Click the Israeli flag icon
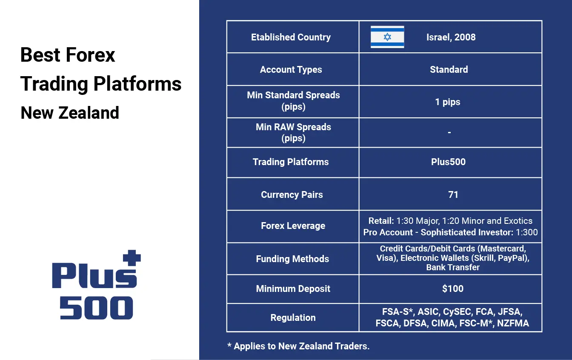(x=387, y=37)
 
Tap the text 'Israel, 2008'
(x=451, y=37)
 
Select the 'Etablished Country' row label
(x=291, y=37)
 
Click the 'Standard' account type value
(x=449, y=69)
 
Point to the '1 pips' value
(x=448, y=102)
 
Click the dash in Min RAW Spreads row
(x=449, y=132)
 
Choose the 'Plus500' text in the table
(x=449, y=162)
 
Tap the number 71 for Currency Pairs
(x=453, y=194)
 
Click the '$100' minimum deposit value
(x=453, y=289)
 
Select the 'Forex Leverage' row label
(x=293, y=226)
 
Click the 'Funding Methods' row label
(x=293, y=259)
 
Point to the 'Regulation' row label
(x=293, y=317)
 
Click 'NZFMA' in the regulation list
(x=513, y=323)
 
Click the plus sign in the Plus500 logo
(x=132, y=257)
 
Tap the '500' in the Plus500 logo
(x=96, y=308)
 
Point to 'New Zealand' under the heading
(x=70, y=113)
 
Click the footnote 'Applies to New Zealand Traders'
(x=302, y=346)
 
